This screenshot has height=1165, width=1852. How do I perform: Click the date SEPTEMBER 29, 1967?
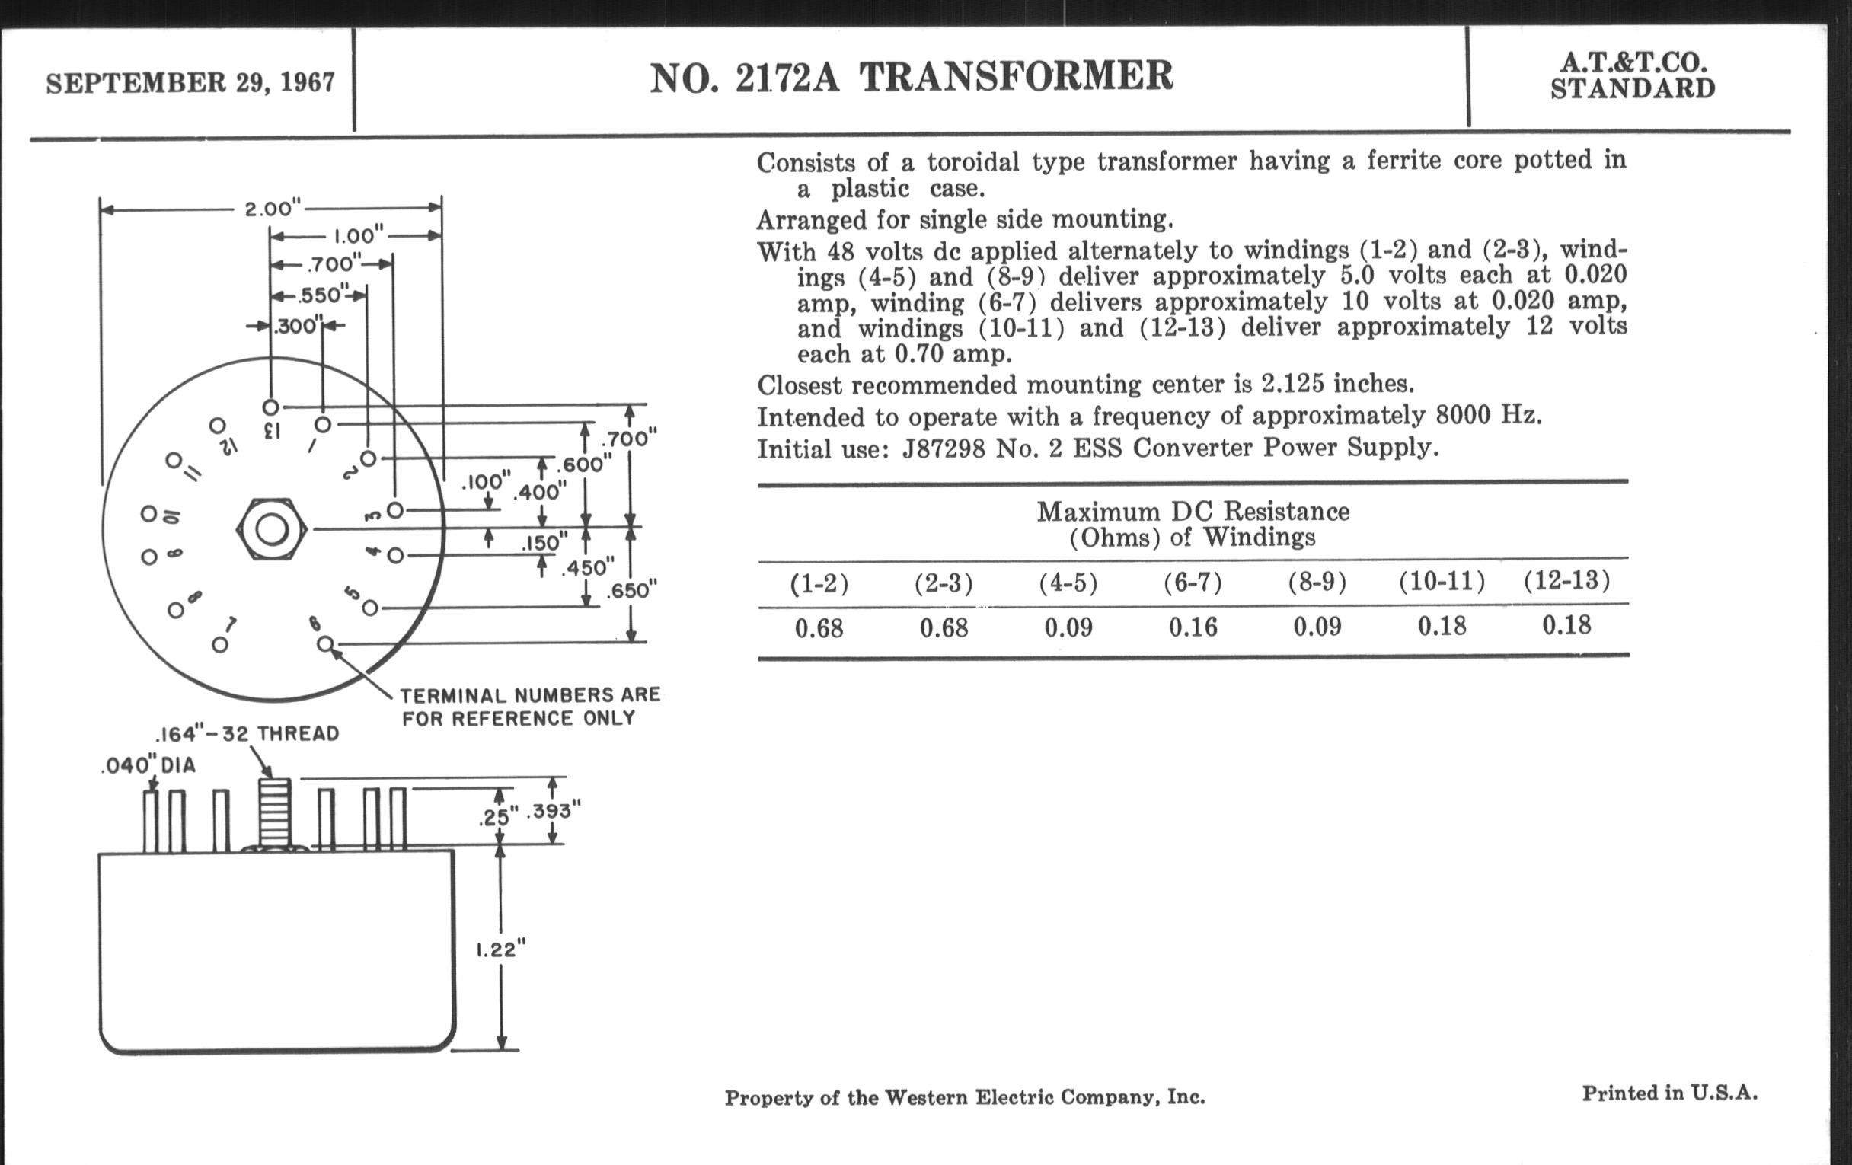190,83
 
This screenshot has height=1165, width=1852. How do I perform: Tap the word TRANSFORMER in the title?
1016,77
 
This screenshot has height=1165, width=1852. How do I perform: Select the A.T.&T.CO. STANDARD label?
1632,76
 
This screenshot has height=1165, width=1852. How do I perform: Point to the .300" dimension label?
296,326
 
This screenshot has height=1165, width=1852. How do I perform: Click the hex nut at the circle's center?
272,529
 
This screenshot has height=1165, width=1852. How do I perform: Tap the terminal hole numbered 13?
271,406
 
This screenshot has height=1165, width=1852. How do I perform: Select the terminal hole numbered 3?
395,510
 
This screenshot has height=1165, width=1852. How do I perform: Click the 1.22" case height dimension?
500,950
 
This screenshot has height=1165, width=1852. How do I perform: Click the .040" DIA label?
148,765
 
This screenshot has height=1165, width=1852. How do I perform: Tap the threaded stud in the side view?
275,812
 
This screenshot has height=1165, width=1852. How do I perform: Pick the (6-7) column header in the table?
1192,583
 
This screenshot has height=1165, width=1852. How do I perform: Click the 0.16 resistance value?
1193,627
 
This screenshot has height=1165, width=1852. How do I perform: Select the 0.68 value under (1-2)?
819,629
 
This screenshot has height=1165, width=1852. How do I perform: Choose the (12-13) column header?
1566,580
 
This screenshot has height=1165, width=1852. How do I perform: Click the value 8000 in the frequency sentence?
1463,415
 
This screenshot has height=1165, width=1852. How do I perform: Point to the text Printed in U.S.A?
1669,1093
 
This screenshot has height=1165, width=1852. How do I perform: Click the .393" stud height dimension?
553,810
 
